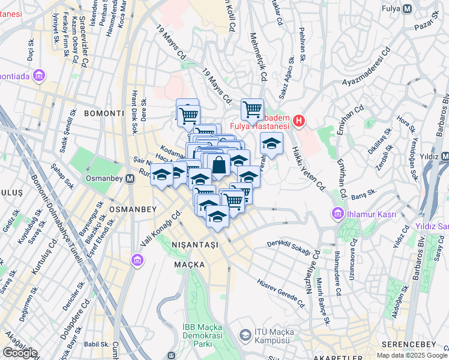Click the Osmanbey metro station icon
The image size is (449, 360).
[130, 179]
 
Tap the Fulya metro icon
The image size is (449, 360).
[408, 10]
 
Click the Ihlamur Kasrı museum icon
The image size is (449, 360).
[337, 214]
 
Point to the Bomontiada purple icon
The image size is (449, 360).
[40, 76]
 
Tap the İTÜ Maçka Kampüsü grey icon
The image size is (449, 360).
[244, 335]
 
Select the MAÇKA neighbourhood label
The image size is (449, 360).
[190, 264]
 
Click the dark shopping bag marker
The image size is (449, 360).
[219, 164]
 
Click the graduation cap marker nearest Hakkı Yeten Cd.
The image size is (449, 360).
[271, 143]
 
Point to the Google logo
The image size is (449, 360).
[19, 352]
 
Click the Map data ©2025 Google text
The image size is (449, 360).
[411, 355]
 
